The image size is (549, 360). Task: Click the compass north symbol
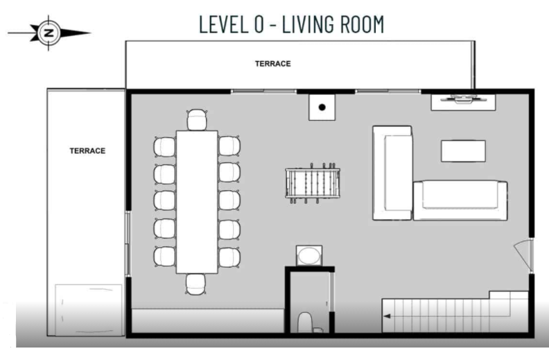point(48,32)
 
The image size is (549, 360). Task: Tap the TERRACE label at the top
point(272,64)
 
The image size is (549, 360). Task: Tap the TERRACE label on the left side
point(87,151)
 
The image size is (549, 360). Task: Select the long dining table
point(197,201)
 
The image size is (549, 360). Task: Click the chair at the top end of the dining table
point(197,120)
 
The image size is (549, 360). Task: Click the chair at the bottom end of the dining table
point(197,282)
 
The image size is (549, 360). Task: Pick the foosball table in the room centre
point(313,185)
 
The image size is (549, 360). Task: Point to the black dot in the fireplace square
point(322,108)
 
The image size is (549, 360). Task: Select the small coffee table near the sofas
point(463,151)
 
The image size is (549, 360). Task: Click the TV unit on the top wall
point(464,101)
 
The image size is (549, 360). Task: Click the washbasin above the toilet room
point(308,255)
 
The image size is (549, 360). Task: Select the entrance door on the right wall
point(525,255)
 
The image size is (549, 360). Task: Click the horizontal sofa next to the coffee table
point(460,200)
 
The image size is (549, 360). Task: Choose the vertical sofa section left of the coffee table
point(392,172)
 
